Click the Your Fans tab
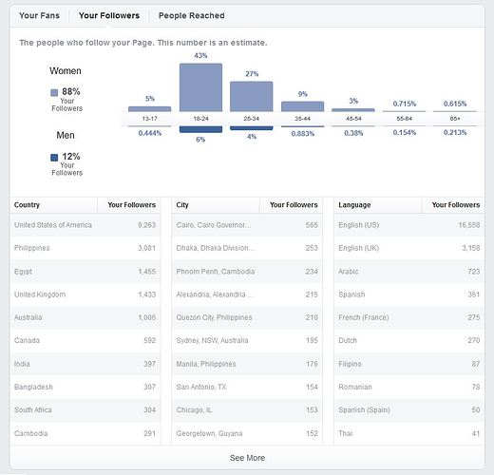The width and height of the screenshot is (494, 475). (x=40, y=16)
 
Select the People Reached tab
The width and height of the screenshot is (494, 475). (x=191, y=16)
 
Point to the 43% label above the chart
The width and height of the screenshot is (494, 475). (x=200, y=56)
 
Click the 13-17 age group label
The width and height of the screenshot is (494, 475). (x=150, y=119)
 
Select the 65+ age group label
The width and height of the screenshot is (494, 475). (x=454, y=119)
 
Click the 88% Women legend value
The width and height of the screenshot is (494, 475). (x=71, y=91)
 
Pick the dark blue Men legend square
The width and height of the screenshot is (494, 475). (x=54, y=157)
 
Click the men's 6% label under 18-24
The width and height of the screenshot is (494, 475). (x=200, y=139)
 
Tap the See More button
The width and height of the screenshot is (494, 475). (x=247, y=458)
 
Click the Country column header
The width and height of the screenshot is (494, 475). (x=28, y=204)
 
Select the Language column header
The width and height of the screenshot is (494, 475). (x=354, y=204)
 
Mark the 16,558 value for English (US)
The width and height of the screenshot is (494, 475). (x=465, y=225)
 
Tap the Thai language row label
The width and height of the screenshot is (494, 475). (x=347, y=433)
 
